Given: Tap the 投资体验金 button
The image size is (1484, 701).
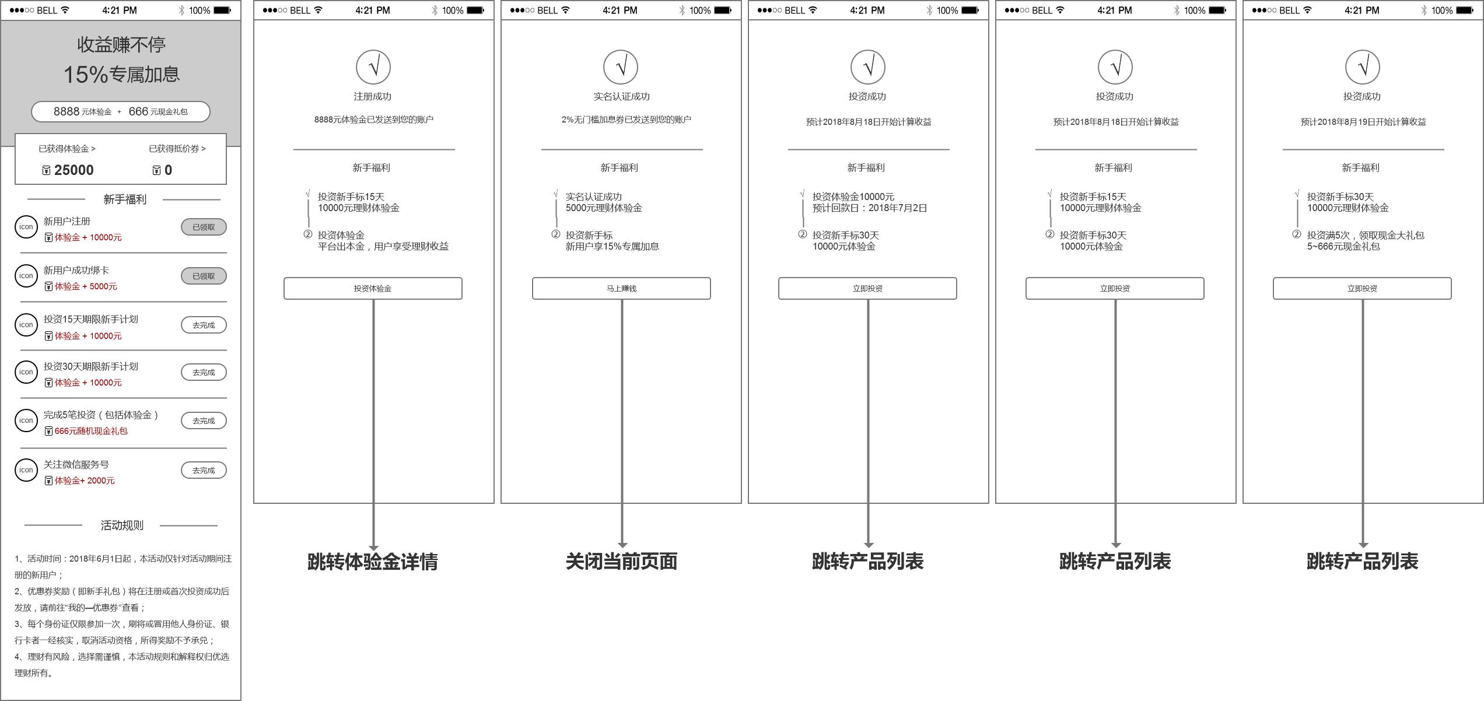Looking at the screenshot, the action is tap(373, 289).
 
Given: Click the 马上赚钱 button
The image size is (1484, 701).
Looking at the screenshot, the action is tap(621, 289).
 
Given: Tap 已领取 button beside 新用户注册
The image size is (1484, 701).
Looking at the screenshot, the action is tap(204, 227).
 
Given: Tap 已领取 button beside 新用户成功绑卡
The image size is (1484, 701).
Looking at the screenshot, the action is tap(204, 276).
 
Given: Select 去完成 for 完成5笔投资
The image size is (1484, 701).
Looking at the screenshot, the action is tap(204, 420).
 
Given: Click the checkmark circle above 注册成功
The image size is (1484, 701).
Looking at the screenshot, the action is tap(373, 67).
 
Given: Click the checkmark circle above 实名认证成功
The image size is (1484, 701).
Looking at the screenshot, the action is tap(621, 67).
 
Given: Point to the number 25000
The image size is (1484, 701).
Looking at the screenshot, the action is tap(73, 170).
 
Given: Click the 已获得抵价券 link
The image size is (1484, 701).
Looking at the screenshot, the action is tap(177, 149).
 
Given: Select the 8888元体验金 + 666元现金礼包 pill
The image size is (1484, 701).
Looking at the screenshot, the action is tap(121, 111).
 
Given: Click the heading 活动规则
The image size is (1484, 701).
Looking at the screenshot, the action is tap(122, 525).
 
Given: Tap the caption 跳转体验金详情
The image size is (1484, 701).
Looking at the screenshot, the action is tap(373, 561).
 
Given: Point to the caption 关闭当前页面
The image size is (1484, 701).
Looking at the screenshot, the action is tap(621, 561).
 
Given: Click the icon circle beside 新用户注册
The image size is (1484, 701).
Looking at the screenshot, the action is tap(26, 227).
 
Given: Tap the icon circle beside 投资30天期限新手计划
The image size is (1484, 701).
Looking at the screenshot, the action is tap(26, 372).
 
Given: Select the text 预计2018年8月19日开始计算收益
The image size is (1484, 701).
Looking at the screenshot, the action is tap(1363, 122).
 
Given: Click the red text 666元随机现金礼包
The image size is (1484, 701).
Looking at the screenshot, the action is tap(91, 431).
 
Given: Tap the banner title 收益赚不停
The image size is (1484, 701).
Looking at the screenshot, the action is tap(121, 45).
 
